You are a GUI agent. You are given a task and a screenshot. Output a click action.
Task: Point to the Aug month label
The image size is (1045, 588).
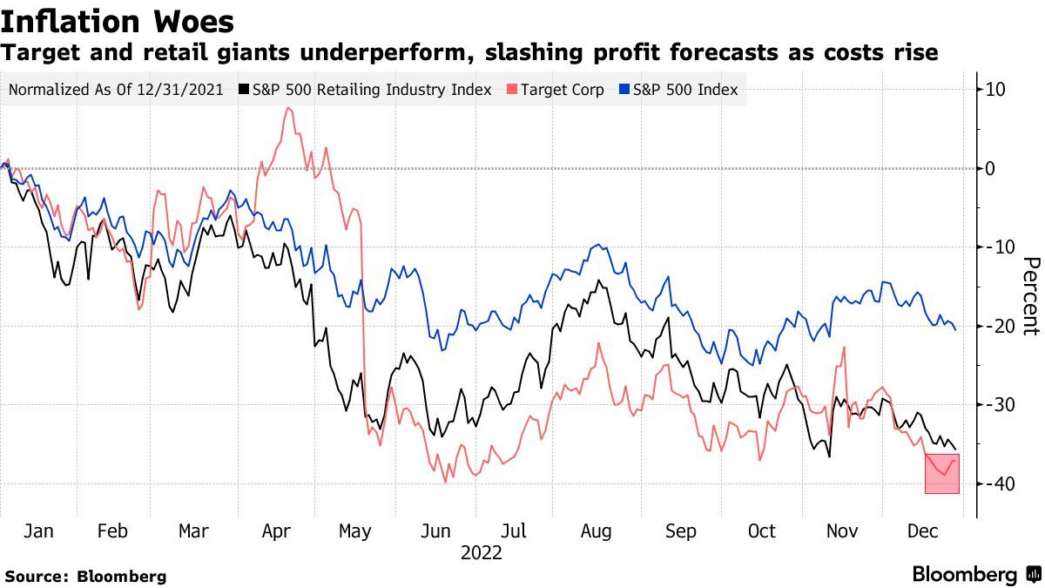pos(596,531)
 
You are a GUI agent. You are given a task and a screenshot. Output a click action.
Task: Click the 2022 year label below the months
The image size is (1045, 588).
pos(481,552)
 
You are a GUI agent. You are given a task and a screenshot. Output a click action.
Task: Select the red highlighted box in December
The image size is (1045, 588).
pos(941,474)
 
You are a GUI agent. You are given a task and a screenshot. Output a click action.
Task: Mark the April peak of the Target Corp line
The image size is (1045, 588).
pos(287,108)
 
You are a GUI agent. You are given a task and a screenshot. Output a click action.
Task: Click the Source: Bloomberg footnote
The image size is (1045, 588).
pos(84,576)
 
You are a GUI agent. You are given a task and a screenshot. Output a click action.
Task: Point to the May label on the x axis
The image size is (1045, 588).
pos(354,531)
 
